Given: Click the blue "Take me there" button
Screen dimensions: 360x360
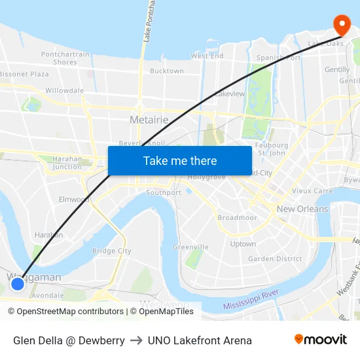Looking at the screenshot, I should (179, 160).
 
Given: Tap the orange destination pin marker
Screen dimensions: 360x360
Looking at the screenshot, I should (342, 25).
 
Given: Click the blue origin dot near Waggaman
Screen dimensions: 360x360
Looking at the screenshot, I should (18, 283).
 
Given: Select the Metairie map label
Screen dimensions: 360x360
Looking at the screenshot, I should (149, 120).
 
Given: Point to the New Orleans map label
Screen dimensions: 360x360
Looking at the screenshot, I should (302, 209).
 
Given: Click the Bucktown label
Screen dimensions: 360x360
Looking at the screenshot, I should (166, 71).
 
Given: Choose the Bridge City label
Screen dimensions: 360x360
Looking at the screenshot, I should (112, 251).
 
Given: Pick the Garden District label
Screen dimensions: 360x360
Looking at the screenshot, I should (275, 259).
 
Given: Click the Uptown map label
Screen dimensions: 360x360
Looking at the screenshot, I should (243, 243).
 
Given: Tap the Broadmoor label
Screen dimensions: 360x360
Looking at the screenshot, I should (237, 217).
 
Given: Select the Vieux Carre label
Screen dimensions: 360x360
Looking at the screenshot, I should (312, 191).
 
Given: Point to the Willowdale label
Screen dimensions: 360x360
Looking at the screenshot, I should (64, 90).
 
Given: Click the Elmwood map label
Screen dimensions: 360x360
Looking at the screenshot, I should (74, 199).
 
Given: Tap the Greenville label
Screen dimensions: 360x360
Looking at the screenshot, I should (190, 247).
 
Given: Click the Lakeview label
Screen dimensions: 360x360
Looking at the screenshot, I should (230, 94).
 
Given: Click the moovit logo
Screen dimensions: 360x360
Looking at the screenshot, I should (320, 340).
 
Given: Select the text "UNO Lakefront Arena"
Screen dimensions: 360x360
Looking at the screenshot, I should (200, 340).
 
